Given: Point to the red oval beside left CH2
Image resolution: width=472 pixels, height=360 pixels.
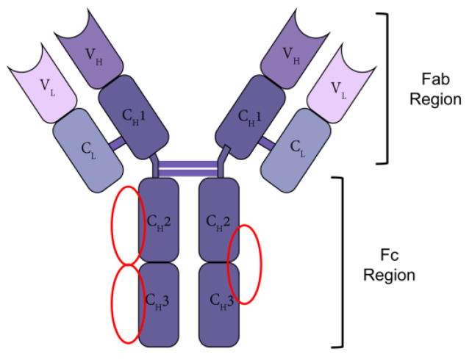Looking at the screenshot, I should (127, 225).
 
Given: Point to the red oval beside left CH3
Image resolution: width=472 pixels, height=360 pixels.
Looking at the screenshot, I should (126, 303).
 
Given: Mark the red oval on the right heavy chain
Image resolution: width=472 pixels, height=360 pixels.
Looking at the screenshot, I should (244, 263).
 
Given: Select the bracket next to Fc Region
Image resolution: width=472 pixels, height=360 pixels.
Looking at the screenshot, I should (340, 261).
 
